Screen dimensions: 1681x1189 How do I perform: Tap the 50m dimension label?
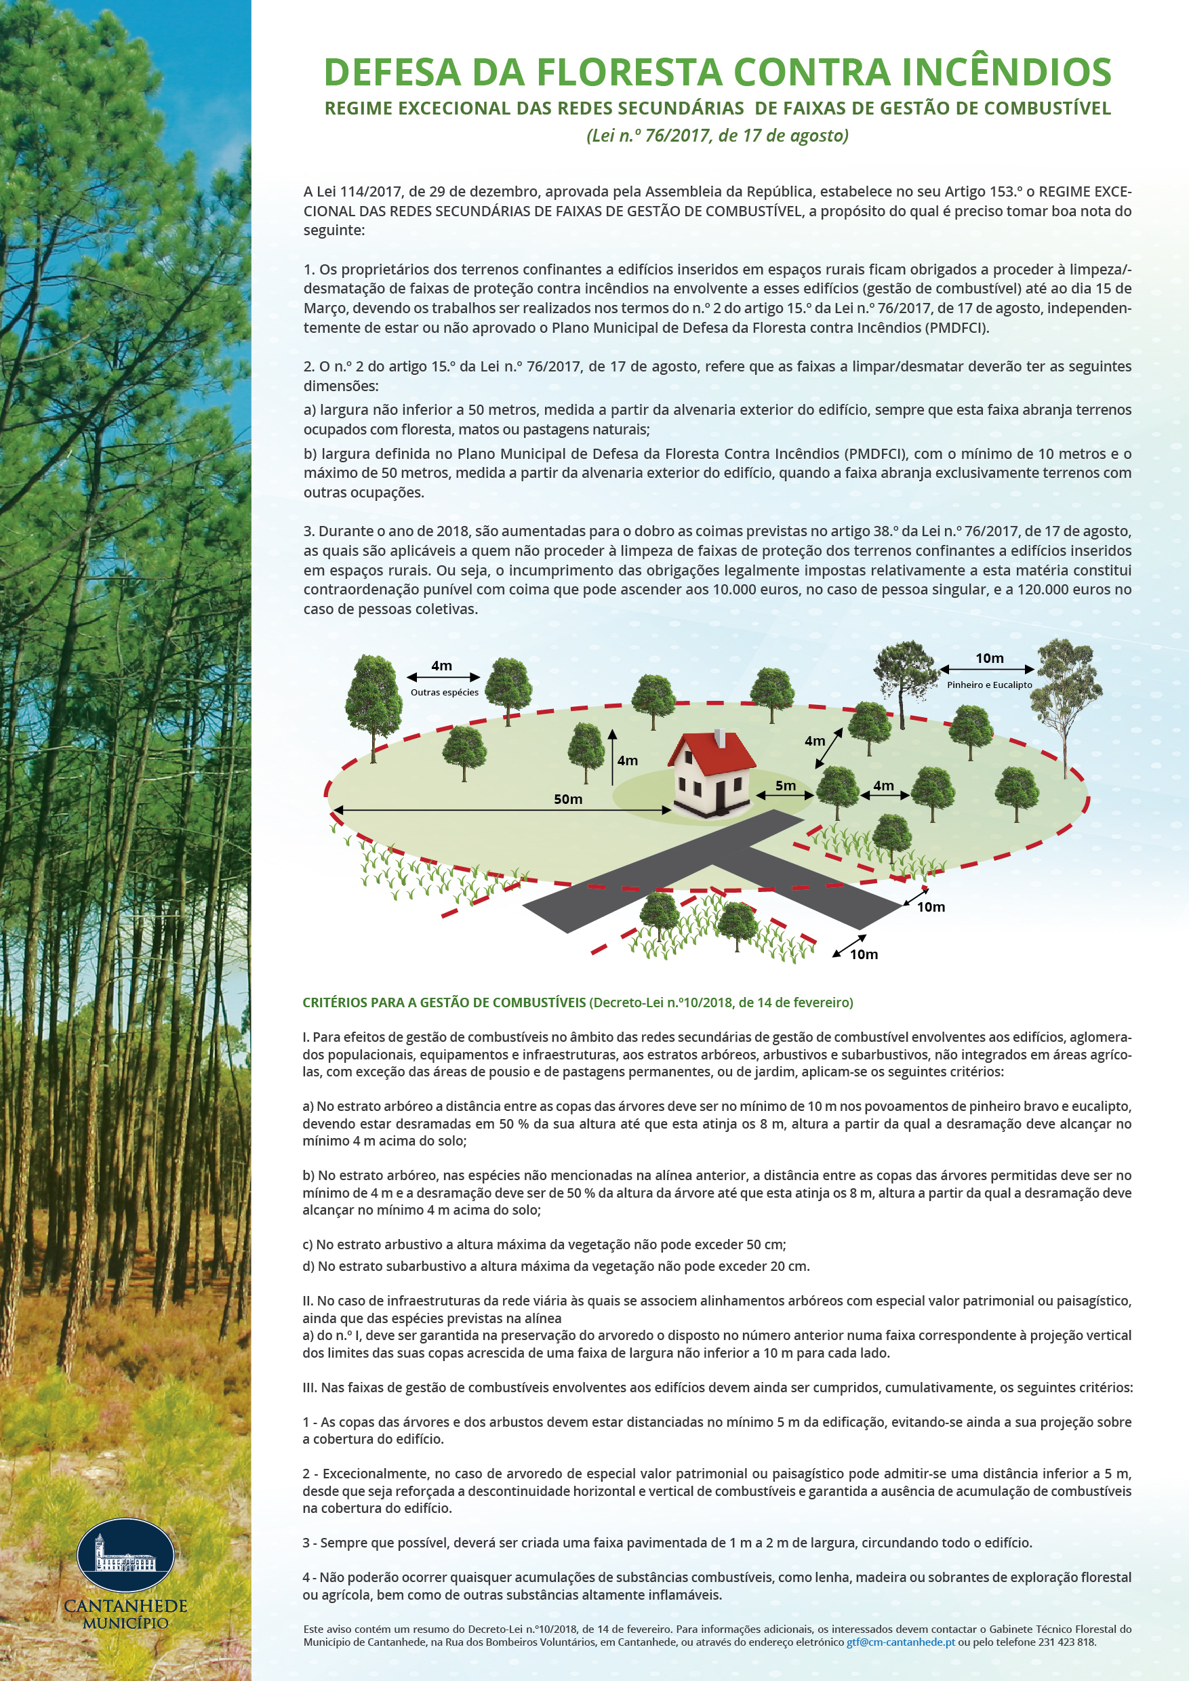567,798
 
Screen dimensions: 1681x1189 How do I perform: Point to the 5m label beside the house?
786,786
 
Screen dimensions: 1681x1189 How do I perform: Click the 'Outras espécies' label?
445,692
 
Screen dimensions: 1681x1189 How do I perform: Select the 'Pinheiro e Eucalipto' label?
989,685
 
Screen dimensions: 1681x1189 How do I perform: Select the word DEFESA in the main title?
392,72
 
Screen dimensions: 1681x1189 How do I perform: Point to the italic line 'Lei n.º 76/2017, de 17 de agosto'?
717,136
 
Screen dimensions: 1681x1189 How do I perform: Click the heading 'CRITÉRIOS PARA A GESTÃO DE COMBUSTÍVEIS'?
444,1002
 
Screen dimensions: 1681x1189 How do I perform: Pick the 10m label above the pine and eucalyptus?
989,658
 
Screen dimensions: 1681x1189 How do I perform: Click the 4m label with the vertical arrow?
627,761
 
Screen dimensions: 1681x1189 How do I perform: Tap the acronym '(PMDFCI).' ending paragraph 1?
957,327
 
